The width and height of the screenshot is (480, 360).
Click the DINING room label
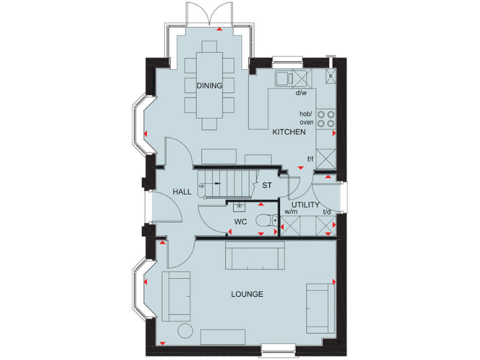pos(209,86)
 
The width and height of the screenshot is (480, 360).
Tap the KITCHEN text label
pos(288,132)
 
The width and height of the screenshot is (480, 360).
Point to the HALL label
pos(182,192)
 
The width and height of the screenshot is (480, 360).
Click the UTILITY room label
pos(305,205)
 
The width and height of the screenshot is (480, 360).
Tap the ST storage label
pos(267,185)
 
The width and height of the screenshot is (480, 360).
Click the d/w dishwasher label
pos(301,93)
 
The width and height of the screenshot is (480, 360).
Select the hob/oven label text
pos(306,117)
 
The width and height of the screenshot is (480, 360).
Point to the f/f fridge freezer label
pos(309,159)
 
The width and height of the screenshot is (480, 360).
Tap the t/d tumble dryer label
pos(326,212)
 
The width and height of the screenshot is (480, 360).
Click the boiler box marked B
pos(331,77)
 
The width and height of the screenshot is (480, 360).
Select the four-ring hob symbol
pos(326,119)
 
